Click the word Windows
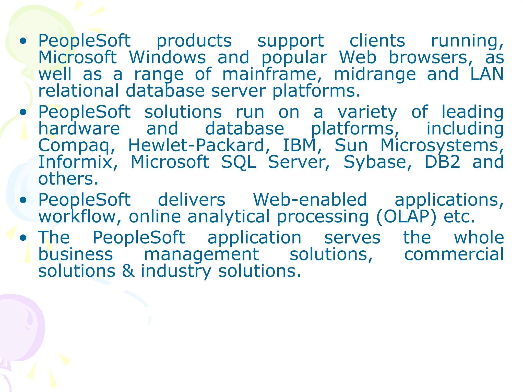tap(167, 57)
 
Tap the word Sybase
tap(377, 162)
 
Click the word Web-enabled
tap(310, 200)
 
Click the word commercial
tap(454, 254)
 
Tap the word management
tap(201, 255)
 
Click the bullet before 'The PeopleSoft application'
tap(23, 238)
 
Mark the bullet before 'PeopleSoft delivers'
tap(23, 200)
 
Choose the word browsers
tap(431, 57)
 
